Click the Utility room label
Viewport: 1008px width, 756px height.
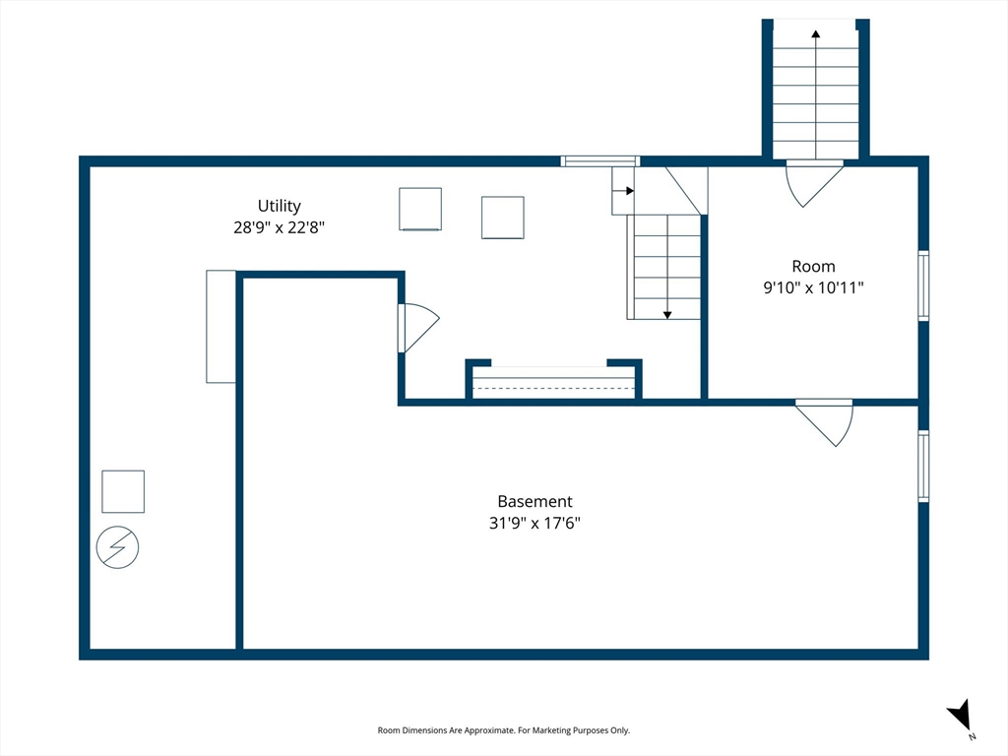point(279,206)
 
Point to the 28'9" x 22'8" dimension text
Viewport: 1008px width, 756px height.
point(279,227)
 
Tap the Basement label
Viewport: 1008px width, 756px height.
point(535,501)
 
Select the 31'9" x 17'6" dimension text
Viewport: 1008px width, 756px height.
point(535,523)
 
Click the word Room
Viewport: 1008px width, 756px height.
point(813,266)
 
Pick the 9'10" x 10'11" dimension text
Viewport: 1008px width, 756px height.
point(813,287)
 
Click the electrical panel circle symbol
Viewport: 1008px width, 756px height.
point(118,547)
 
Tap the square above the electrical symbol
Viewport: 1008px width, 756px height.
point(123,492)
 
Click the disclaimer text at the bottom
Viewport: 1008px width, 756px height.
point(503,730)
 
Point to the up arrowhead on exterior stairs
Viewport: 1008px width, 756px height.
point(816,34)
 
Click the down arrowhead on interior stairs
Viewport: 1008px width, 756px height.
point(667,315)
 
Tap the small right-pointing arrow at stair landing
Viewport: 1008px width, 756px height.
point(630,191)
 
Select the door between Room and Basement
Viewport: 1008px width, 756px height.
point(825,421)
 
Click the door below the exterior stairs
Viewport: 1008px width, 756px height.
point(814,184)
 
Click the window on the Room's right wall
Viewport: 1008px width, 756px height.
point(923,285)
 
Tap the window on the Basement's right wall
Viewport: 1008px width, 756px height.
point(923,466)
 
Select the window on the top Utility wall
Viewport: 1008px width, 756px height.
point(599,161)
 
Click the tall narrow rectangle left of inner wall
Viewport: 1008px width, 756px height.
point(220,327)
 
